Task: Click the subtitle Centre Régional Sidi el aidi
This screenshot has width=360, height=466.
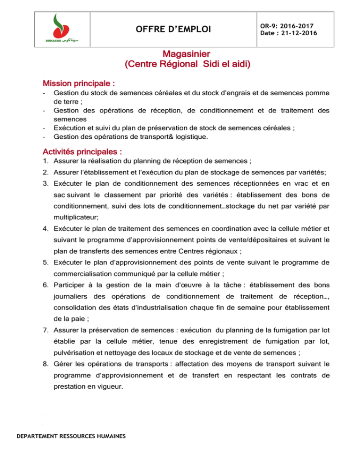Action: click(x=186, y=66)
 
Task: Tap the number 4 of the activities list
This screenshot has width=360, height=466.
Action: click(x=45, y=229)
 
